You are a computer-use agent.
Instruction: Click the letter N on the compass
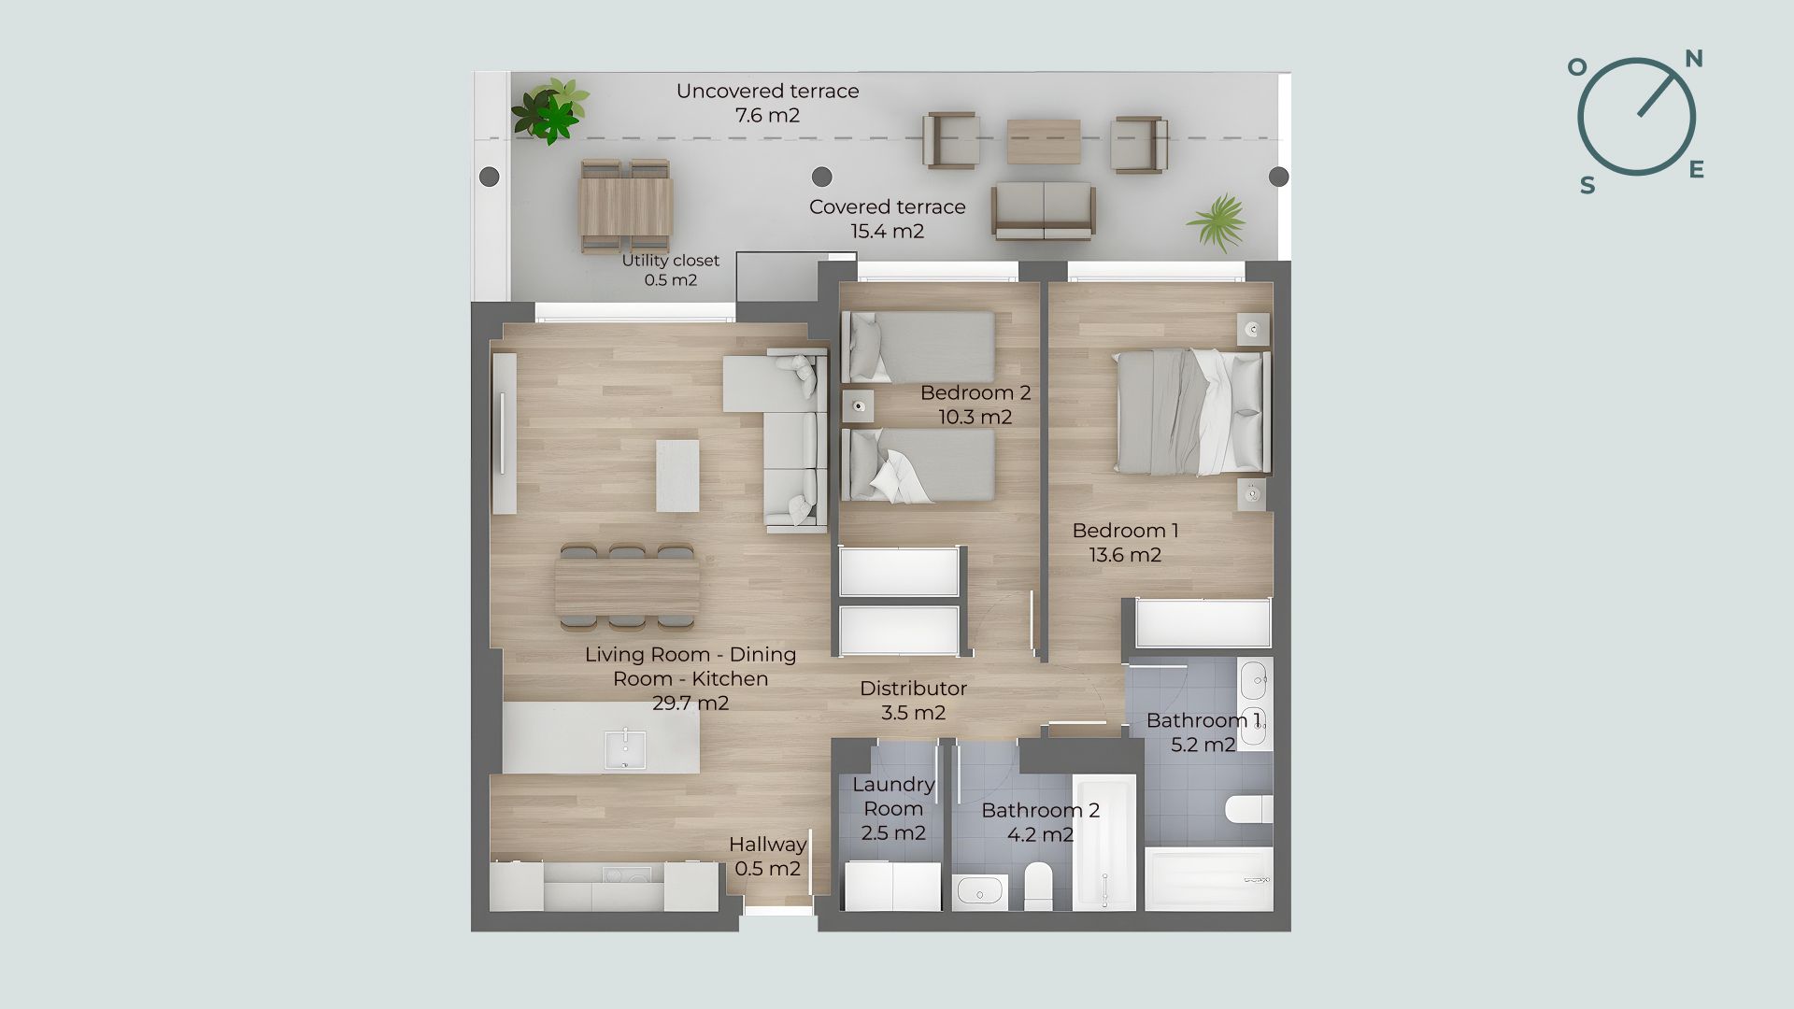pyautogui.click(x=1693, y=60)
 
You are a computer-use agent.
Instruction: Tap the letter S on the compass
pyautogui.click(x=1588, y=186)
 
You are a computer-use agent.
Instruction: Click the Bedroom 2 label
pyautogui.click(x=975, y=392)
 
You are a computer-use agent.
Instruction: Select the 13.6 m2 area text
pyautogui.click(x=1125, y=555)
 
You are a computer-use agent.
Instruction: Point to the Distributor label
pyautogui.click(x=913, y=689)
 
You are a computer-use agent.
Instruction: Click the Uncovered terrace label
pyautogui.click(x=768, y=92)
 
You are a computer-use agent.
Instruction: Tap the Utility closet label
pyautogui.click(x=671, y=261)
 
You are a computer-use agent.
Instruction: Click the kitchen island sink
pyautogui.click(x=624, y=749)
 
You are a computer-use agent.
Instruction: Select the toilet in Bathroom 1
pyautogui.click(x=1249, y=809)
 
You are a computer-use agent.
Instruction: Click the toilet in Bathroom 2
pyautogui.click(x=1038, y=885)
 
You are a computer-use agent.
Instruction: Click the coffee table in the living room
pyautogui.click(x=677, y=476)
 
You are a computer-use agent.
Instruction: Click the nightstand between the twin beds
pyautogui.click(x=858, y=407)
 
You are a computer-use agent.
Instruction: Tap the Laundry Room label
pyautogui.click(x=893, y=796)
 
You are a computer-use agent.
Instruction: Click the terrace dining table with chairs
pyautogui.click(x=626, y=206)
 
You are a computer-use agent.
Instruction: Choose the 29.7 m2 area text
pyautogui.click(x=691, y=703)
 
